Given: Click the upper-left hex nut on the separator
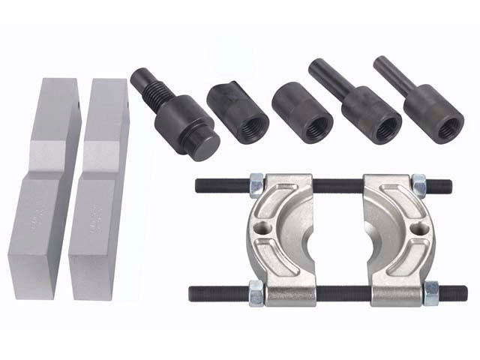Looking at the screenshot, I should click(256, 184).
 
